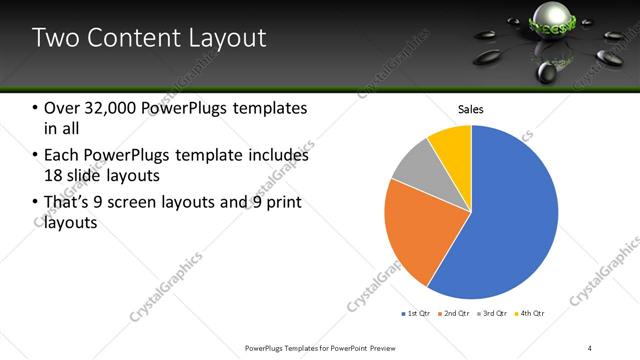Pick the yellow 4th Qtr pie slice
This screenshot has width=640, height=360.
tap(452, 144)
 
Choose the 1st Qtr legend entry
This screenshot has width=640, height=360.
tap(415, 313)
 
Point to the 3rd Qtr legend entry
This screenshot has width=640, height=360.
tap(492, 313)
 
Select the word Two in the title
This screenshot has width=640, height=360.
tap(58, 39)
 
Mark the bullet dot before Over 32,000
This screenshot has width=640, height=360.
tap(35, 109)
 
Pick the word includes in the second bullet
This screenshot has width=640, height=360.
tap(277, 156)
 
